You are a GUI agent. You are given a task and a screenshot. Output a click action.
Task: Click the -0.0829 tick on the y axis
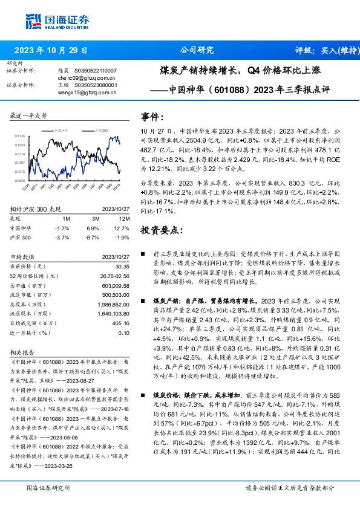point(19,180)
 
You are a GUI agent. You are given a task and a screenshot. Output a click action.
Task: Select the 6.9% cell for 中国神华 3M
point(93,228)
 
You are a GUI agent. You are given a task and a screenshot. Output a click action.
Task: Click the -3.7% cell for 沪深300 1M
point(62,238)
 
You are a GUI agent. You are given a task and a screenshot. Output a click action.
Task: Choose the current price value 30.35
point(123,267)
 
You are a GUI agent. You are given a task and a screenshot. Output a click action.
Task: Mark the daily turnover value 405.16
point(121,323)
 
